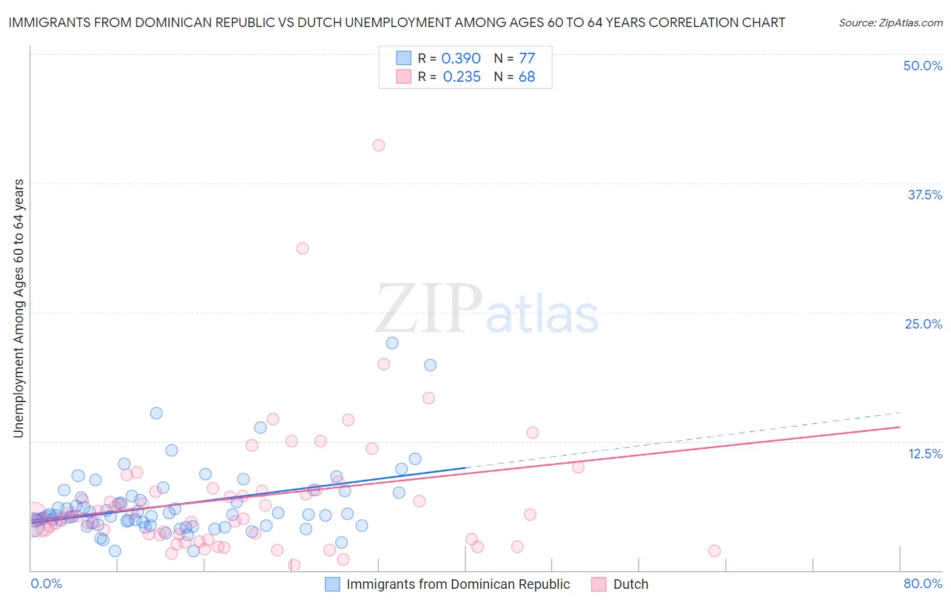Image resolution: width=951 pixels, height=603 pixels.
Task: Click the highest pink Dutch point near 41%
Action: click(379, 145)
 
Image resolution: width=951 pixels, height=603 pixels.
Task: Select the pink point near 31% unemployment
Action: click(302, 248)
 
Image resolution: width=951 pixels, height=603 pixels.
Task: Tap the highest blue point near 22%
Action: click(392, 343)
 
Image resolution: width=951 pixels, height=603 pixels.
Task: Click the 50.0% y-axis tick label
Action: click(923, 66)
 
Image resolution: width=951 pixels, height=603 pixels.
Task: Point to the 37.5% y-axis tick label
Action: click(925, 195)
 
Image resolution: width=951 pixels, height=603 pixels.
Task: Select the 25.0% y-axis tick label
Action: click(923, 324)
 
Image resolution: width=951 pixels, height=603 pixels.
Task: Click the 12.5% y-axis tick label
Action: click(925, 454)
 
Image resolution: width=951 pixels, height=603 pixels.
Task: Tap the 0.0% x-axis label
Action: click(46, 583)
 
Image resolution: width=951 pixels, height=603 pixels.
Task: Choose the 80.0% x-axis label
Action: click(923, 583)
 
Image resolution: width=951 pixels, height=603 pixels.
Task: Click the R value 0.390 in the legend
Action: click(461, 58)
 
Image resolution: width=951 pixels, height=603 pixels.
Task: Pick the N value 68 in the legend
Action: click(526, 76)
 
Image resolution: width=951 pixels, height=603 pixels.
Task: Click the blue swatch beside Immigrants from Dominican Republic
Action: click(332, 584)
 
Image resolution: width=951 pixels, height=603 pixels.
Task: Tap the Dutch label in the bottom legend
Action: click(630, 584)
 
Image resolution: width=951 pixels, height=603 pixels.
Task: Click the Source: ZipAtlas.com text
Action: click(890, 22)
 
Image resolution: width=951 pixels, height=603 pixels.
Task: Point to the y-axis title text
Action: click(18, 308)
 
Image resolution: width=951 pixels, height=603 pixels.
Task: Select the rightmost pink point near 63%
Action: click(714, 551)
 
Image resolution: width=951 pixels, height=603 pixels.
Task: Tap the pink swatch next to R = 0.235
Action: click(403, 76)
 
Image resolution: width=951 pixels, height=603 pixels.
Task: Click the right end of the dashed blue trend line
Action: click(900, 412)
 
